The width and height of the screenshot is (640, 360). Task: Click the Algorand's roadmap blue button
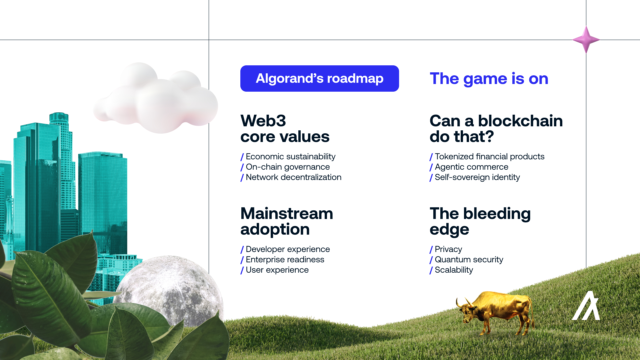(x=319, y=78)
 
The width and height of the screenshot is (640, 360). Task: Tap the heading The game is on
(x=489, y=79)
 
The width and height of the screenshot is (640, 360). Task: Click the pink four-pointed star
(x=586, y=40)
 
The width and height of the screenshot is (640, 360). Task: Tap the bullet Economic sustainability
(x=290, y=157)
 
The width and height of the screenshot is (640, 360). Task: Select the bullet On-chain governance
(x=288, y=167)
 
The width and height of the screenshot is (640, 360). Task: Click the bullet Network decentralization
(x=293, y=177)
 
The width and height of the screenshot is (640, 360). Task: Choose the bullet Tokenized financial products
(x=489, y=157)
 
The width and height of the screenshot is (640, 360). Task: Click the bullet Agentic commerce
(x=471, y=167)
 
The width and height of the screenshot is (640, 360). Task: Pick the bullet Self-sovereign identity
(x=477, y=177)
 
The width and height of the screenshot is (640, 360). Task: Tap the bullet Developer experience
(x=288, y=249)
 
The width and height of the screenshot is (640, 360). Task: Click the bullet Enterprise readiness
(x=285, y=260)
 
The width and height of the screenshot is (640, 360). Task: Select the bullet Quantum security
(x=469, y=260)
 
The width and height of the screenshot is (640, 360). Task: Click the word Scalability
(x=454, y=270)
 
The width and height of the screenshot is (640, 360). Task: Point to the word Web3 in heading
(x=263, y=121)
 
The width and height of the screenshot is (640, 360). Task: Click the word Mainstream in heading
(x=287, y=213)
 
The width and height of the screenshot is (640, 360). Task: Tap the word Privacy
(x=448, y=249)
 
